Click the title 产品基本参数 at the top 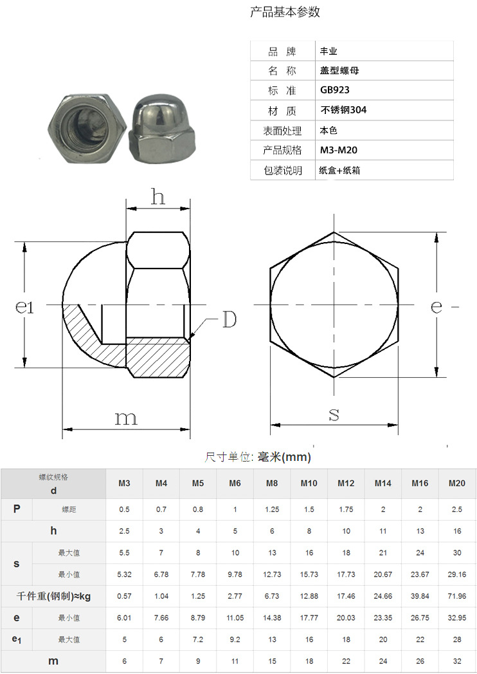285,12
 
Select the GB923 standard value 334,90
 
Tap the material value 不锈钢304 343,110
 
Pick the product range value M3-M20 338,150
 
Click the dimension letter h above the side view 158,196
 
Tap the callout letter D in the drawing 229,319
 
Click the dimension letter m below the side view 126,418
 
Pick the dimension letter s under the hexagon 334,415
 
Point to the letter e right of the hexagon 437,307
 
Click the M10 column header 309,483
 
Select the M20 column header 457,483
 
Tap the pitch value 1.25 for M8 272,509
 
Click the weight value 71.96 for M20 457,596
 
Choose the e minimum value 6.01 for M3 124,618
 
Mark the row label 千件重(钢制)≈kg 53,596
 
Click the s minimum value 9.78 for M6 235,574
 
